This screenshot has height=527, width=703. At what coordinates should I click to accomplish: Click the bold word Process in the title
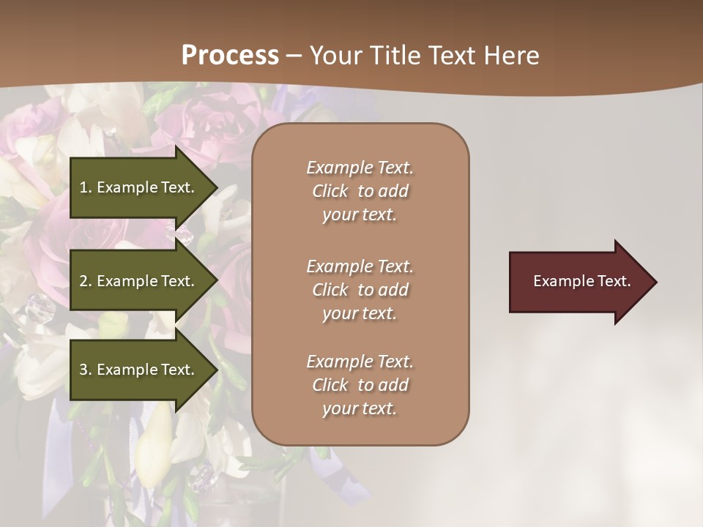coord(230,56)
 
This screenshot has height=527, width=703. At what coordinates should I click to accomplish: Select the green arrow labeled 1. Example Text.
coord(139,187)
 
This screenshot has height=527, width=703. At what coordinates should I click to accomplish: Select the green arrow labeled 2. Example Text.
coord(139,281)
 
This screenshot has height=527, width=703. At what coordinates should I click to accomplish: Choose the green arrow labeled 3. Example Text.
coord(139,370)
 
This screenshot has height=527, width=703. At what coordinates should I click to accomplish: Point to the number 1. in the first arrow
coord(86,187)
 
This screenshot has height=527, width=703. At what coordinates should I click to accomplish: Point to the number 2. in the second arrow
coord(86,281)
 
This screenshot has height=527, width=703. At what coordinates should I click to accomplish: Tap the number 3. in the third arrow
coord(86,370)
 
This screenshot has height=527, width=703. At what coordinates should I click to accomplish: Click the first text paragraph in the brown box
coord(360,191)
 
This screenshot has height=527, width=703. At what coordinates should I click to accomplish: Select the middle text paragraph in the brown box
coord(360,290)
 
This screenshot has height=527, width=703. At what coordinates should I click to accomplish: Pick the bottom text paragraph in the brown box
coord(360,385)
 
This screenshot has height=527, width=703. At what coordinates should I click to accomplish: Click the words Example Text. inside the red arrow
coord(581,281)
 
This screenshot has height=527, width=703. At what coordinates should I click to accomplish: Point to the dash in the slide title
coord(294,56)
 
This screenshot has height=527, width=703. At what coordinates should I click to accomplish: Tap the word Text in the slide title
coord(450,56)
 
